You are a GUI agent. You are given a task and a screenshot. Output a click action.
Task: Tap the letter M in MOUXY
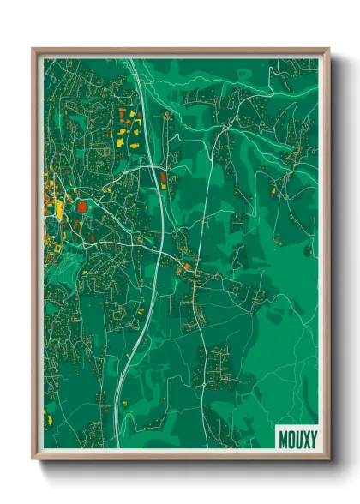[x=284, y=437]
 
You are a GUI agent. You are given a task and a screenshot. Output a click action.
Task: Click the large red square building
[x=82, y=206]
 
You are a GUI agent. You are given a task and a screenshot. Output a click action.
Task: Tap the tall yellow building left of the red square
[x=60, y=209]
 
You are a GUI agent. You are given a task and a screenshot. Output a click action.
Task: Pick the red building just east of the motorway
[x=163, y=178]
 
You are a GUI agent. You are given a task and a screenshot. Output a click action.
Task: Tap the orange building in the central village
[x=181, y=269]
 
